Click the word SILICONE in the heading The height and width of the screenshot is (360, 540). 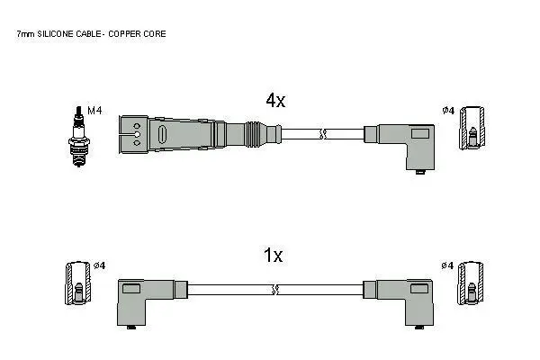[55, 34]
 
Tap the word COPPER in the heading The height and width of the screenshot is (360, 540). [124, 34]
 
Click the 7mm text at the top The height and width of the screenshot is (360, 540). [25, 34]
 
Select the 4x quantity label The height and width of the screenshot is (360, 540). [275, 100]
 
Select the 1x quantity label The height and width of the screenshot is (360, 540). [273, 256]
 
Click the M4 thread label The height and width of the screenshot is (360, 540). [94, 111]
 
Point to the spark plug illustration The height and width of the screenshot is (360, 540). [79, 137]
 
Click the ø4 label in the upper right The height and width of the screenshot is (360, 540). [448, 110]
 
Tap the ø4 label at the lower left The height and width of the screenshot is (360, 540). [100, 265]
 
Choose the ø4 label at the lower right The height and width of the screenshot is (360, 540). [447, 265]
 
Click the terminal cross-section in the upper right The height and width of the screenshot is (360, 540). [472, 128]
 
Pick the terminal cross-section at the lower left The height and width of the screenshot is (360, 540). [78, 283]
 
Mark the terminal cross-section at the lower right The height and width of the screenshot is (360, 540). [471, 283]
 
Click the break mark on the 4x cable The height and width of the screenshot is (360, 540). [323, 134]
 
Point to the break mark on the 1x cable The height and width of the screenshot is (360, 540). [274, 290]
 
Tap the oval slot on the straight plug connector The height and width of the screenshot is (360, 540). [162, 134]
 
